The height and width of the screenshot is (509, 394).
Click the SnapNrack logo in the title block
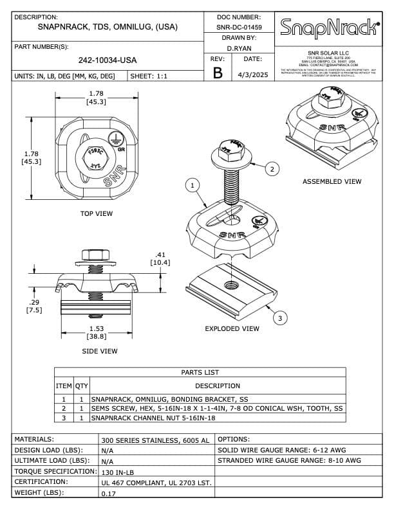pos(328,27)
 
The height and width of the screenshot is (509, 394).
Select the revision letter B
pos(218,73)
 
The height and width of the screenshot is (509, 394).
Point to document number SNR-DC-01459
pos(239,28)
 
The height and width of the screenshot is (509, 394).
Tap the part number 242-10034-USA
pos(108,60)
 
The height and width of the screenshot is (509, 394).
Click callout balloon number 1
pos(191,186)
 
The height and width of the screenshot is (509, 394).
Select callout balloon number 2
pos(272,169)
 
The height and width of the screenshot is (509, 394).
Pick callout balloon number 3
pos(279,317)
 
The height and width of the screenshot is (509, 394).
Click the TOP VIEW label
pos(97,213)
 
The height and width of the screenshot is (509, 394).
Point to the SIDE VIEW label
pos(99,351)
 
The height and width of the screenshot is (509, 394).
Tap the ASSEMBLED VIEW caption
pos(332,182)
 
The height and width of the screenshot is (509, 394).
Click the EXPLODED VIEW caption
pos(232,328)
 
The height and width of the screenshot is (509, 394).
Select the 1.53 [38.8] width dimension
pos(97,332)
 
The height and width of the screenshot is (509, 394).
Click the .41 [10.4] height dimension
pos(160,258)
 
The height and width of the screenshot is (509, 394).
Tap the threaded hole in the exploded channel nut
pos(230,283)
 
